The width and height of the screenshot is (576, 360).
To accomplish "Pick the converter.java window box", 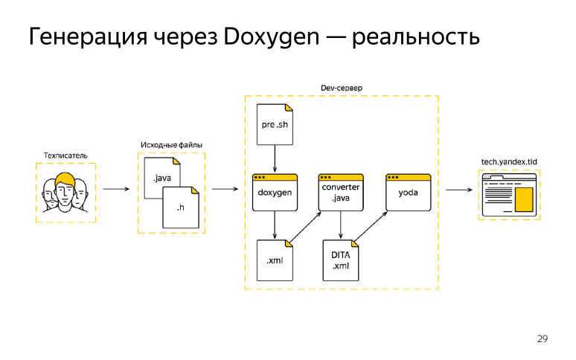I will click(340, 192).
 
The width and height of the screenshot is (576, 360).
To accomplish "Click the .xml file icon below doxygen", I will click(275, 260).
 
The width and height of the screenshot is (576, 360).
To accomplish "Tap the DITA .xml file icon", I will click(340, 260).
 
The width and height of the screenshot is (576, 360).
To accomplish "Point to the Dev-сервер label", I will click(341, 88).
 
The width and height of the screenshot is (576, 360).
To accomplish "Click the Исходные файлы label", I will click(171, 144).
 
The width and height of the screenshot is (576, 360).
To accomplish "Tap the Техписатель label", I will click(65, 155).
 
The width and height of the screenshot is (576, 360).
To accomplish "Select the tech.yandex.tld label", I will click(509, 161).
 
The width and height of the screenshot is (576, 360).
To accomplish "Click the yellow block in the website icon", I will click(524, 199).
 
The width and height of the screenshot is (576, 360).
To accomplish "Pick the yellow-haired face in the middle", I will click(65, 190).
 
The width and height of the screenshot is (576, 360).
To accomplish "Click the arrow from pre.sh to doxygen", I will click(275, 158).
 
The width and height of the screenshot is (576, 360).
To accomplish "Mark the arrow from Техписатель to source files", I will click(116, 189).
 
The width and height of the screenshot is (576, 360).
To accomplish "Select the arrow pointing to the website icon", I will click(458, 189).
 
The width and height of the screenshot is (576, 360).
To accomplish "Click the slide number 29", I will click(542, 339).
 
